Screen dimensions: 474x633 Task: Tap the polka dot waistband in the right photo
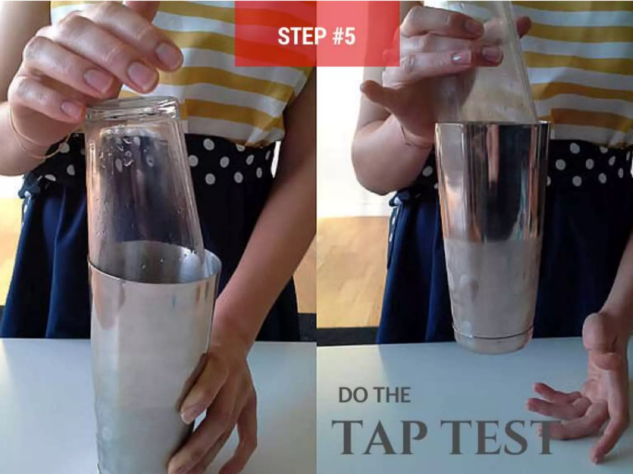pos(587,167)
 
